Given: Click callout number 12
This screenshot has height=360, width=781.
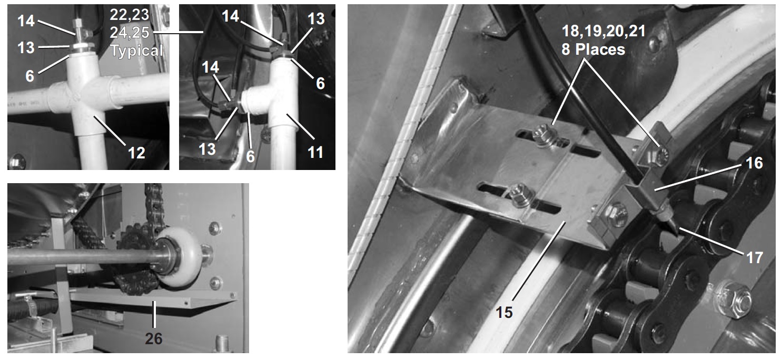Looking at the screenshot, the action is pos(136,153).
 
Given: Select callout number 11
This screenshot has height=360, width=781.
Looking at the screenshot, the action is pos(315,152).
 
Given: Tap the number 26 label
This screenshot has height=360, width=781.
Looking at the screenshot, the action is pos(154,338).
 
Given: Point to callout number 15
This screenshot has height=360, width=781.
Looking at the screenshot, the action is pos(504,312).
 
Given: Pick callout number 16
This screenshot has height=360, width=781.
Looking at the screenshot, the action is pos(754,163).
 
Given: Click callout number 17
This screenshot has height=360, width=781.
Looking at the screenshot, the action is pos(755,257).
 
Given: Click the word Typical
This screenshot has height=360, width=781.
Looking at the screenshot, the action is pos(137,51).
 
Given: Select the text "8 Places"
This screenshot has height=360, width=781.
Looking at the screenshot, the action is pos(593,49).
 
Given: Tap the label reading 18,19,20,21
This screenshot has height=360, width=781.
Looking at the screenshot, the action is pos(604,31).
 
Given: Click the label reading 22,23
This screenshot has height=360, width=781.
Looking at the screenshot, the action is pos(130,15).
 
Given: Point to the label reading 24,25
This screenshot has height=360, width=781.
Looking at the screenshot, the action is pos(130,33).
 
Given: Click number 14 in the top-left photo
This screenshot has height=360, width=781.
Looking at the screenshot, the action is pos(26,21).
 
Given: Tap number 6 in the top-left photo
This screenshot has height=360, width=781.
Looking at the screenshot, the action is pos(29,76).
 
